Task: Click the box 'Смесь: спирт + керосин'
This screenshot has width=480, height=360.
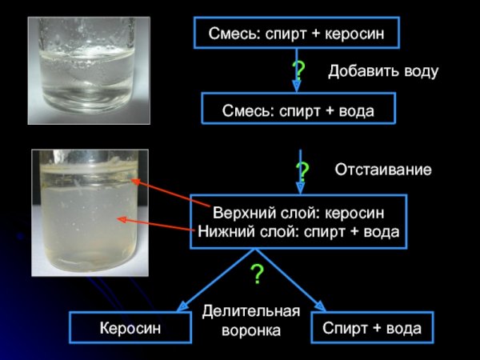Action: tap(296, 34)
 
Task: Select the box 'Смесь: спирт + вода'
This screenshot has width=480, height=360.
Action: tap(298, 108)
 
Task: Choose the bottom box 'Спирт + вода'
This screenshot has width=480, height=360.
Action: tap(370, 328)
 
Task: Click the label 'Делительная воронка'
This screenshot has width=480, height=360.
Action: tap(250, 320)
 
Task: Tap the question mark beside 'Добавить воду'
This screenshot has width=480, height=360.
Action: tap(298, 70)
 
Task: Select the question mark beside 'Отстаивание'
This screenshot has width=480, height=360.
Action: tap(302, 170)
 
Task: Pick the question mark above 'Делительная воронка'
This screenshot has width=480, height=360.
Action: tap(257, 274)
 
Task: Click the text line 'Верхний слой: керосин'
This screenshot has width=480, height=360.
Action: tap(298, 214)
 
